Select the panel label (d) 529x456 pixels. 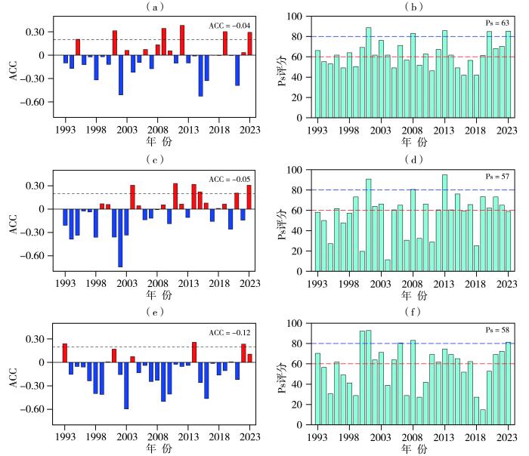click(416, 159)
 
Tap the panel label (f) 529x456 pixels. click(416, 312)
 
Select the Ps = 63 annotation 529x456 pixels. click(500, 24)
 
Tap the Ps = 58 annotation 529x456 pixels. click(500, 331)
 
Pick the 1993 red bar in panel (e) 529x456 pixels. click(65, 353)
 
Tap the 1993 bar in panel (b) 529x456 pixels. click(317, 83)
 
